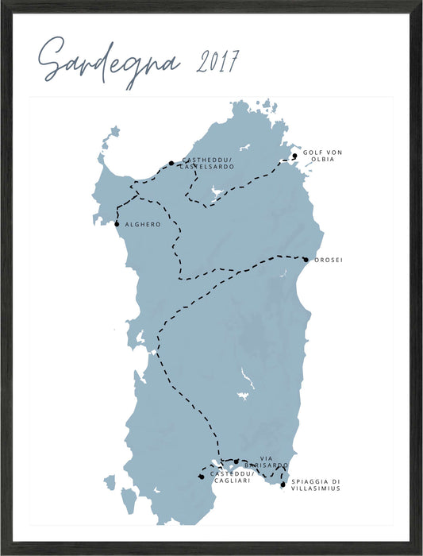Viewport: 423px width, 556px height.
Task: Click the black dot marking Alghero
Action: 117,224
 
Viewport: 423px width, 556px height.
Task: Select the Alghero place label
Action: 143,225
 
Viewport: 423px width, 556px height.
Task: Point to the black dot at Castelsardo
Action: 171,164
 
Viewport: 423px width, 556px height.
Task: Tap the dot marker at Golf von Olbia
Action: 294,156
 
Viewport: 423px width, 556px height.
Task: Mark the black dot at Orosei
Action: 306,259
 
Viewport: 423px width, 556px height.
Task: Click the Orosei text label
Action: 329,260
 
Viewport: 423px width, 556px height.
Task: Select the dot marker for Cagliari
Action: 202,477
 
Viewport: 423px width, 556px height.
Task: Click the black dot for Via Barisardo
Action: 236,461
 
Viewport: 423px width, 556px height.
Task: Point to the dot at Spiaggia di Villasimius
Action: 283,484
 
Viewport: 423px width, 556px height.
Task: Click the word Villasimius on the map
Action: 315,488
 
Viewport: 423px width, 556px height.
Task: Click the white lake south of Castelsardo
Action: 213,191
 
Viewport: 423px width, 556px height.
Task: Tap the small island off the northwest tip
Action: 115,130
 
